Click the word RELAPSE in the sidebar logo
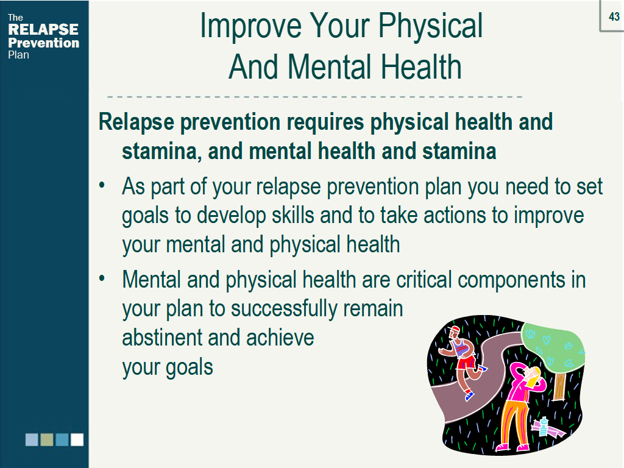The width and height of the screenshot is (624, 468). click(43, 29)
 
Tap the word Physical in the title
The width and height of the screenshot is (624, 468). click(430, 26)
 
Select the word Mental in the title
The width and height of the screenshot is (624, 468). click(330, 66)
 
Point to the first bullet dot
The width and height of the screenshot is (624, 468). click(102, 185)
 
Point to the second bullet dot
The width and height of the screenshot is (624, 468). click(102, 278)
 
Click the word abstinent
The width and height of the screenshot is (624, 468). click(162, 338)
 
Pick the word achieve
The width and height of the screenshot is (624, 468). click(280, 338)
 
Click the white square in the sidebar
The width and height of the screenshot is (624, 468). click(77, 440)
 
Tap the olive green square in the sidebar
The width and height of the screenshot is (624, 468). click(47, 440)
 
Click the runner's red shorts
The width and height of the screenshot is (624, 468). click(466, 362)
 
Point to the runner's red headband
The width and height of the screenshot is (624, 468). click(455, 329)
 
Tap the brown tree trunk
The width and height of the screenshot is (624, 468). click(559, 386)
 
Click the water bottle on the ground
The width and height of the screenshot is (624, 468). click(543, 426)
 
